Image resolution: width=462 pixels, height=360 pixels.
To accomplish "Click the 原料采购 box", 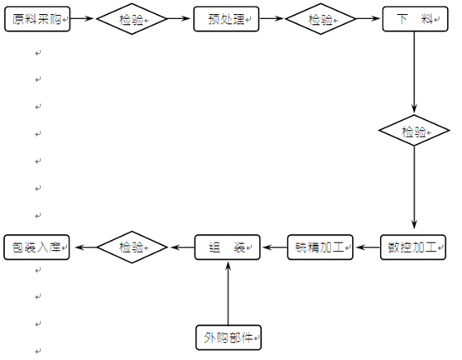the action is pos(37,19).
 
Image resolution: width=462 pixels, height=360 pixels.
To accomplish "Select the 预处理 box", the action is pos(226,19).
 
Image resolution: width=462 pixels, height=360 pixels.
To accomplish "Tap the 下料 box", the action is pos(415,19).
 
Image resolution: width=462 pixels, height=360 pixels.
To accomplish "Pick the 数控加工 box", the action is pos(413,247).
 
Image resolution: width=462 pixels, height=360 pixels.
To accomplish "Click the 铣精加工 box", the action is pos(320,247).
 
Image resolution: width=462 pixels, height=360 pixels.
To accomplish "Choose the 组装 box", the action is pos(228,247).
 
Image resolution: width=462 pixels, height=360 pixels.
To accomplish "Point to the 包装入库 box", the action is pos(36,247).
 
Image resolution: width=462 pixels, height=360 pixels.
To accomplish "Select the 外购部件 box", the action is pos(229,338).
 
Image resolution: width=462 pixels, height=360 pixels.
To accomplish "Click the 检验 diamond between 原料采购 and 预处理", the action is pos(132,19).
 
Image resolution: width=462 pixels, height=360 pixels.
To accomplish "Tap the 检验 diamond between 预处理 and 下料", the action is pos(321,19).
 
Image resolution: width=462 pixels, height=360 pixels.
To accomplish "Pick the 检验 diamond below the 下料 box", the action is pos(414,130).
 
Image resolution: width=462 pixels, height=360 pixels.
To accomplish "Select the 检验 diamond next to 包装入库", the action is pos(132,247).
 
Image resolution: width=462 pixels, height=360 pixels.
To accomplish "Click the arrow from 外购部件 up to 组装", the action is pos(228,294).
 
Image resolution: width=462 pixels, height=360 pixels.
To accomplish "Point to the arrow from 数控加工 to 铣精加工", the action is pos(367,247).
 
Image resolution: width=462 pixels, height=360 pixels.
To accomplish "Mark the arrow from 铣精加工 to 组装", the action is pos(274,247).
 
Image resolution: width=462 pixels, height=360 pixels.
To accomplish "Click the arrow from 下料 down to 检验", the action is pos(414,72).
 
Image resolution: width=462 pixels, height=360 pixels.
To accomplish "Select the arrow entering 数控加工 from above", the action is pos(414,187).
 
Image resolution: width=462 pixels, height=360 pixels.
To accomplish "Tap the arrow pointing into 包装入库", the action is pos(86,247).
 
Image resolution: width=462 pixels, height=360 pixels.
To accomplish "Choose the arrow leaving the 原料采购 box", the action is pos(82,18).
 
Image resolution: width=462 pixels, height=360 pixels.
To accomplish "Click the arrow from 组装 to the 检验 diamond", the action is pos(182,247).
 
